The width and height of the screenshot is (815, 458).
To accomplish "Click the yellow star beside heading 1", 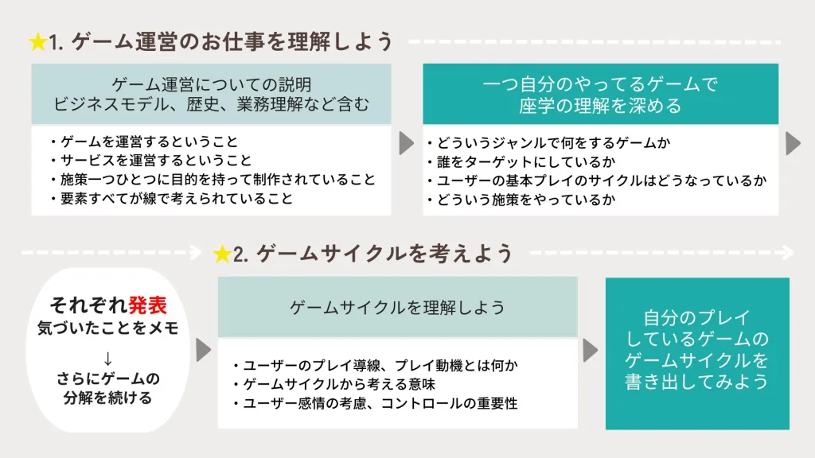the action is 38,42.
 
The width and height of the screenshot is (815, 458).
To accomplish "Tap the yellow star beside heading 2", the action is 222,254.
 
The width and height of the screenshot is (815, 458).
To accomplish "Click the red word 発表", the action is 147,305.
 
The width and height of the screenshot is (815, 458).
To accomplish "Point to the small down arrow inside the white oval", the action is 107,359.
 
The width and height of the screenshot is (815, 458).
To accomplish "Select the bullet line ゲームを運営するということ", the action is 145,142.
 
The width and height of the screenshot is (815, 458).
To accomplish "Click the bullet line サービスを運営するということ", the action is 151,160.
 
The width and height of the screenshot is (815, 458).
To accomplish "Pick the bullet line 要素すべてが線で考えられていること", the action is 172,198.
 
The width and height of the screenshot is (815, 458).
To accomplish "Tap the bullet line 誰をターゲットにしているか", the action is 521,161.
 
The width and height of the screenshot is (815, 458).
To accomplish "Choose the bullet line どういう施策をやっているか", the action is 521,200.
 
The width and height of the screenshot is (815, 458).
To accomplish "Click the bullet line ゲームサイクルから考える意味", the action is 335,384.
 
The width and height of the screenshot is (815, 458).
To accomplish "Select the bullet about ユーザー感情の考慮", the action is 376,403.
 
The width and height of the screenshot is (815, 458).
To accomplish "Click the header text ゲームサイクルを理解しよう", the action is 398,308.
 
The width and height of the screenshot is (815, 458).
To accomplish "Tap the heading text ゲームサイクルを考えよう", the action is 384,254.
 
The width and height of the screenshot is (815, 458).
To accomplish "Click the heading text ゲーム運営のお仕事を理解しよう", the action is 232,41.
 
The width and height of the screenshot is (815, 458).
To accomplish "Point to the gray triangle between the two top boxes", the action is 407,143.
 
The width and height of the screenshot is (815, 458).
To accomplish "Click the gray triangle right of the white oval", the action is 203,350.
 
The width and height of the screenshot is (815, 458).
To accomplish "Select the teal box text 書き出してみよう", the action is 696,382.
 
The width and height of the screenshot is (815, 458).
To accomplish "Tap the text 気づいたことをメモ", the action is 108,328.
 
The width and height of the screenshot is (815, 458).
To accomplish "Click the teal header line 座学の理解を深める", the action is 600,106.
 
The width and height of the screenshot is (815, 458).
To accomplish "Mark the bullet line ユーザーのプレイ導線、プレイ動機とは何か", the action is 376,366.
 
